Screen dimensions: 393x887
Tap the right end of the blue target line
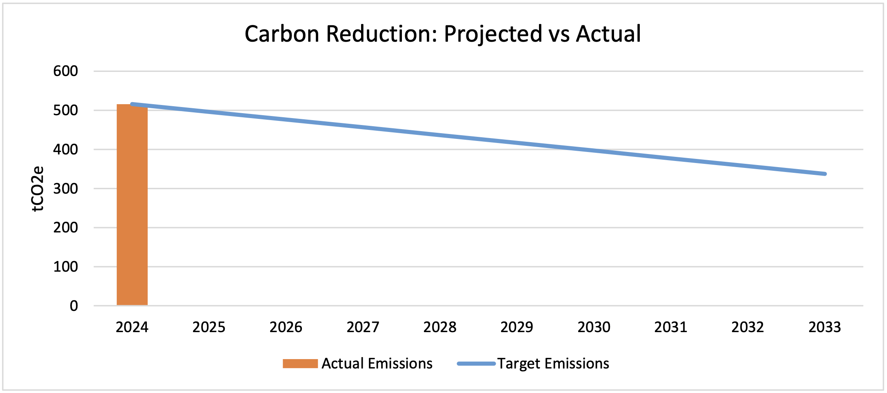pyautogui.click(x=824, y=174)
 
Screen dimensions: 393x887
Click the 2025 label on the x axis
pyautogui.click(x=209, y=327)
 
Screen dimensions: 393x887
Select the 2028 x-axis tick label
pyautogui.click(x=439, y=327)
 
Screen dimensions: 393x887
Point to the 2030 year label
pyautogui.click(x=594, y=327)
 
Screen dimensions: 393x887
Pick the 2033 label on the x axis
pyautogui.click(x=825, y=327)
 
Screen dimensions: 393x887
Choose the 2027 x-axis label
pyautogui.click(x=363, y=327)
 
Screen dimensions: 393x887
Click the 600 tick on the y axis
pyautogui.click(x=65, y=71)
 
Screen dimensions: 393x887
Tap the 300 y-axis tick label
pyautogui.click(x=65, y=189)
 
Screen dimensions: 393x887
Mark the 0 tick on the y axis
pyautogui.click(x=74, y=306)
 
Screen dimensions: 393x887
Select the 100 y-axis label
pyautogui.click(x=65, y=267)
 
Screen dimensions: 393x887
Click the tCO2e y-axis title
pyautogui.click(x=38, y=189)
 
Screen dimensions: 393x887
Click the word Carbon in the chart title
pyautogui.click(x=282, y=34)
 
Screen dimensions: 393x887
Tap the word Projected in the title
pyautogui.click(x=493, y=34)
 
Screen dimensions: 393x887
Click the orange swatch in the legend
pyautogui.click(x=300, y=364)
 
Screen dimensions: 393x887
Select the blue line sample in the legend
pyautogui.click(x=476, y=364)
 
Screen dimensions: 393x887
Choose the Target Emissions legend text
pyautogui.click(x=553, y=364)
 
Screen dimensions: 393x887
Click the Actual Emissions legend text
pyautogui.click(x=377, y=364)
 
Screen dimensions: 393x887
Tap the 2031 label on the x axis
pyautogui.click(x=670, y=327)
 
